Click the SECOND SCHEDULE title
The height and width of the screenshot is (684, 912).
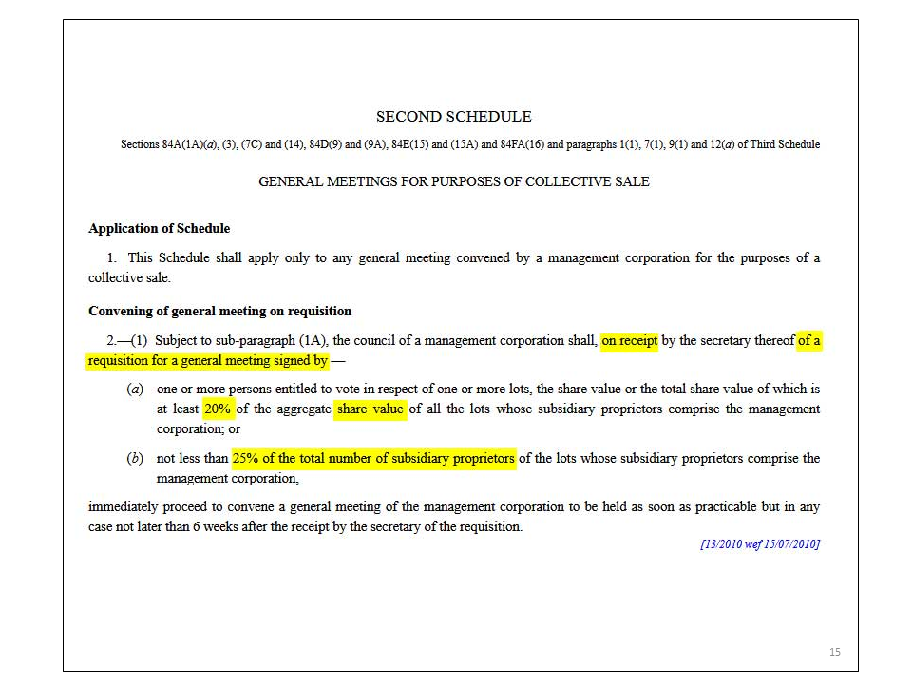pos(453,117)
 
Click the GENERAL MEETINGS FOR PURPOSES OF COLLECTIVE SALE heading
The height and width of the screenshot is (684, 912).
pos(453,181)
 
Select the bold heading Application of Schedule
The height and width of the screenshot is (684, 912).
pos(159,229)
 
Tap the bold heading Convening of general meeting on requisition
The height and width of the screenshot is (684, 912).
pos(219,312)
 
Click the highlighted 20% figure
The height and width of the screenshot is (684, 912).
pos(218,409)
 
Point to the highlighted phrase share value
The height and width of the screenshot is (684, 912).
pos(370,409)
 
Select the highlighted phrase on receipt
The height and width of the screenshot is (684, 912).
pos(629,340)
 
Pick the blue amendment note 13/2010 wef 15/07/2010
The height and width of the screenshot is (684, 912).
pos(759,544)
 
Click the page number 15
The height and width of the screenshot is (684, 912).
pos(835,652)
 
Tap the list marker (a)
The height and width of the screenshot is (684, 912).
pos(136,389)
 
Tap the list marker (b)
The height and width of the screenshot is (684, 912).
pos(136,459)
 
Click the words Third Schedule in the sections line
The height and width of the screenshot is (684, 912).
pos(785,145)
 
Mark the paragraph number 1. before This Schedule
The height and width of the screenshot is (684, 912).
pos(111,258)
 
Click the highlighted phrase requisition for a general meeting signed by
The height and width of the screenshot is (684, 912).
pos(207,361)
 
